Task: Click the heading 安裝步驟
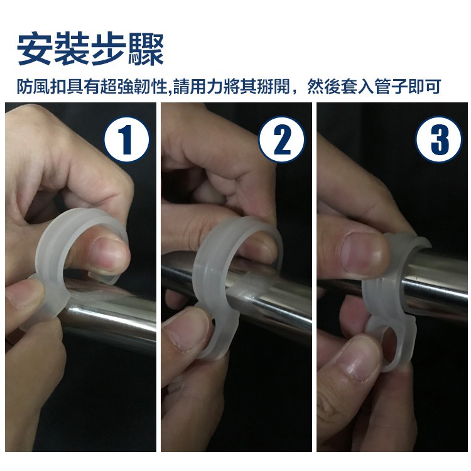pyautogui.click(x=90, y=48)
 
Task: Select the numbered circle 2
pyautogui.click(x=282, y=139)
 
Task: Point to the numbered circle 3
pyautogui.click(x=438, y=139)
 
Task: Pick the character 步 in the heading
pyautogui.click(x=109, y=48)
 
